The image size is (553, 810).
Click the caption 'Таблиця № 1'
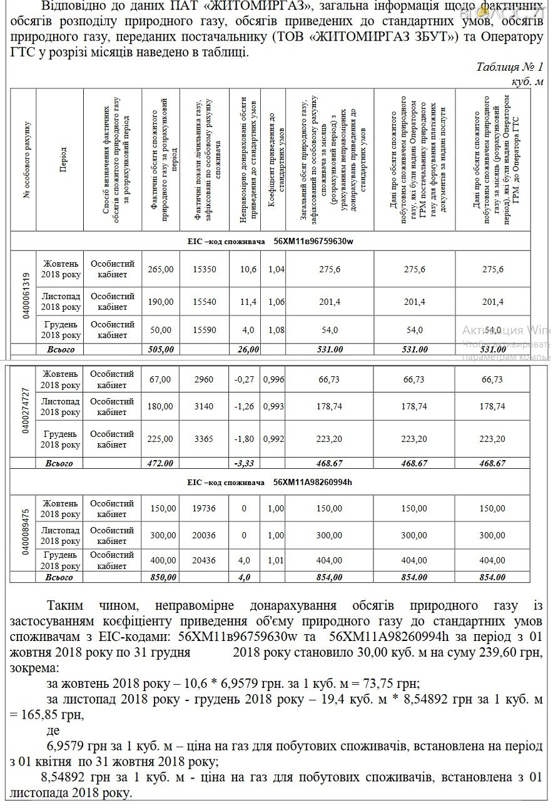point(509,67)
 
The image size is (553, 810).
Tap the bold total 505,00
point(160,349)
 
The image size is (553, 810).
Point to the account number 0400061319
point(26,297)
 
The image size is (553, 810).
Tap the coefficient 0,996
point(273,380)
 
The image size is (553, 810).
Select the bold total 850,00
point(160,577)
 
